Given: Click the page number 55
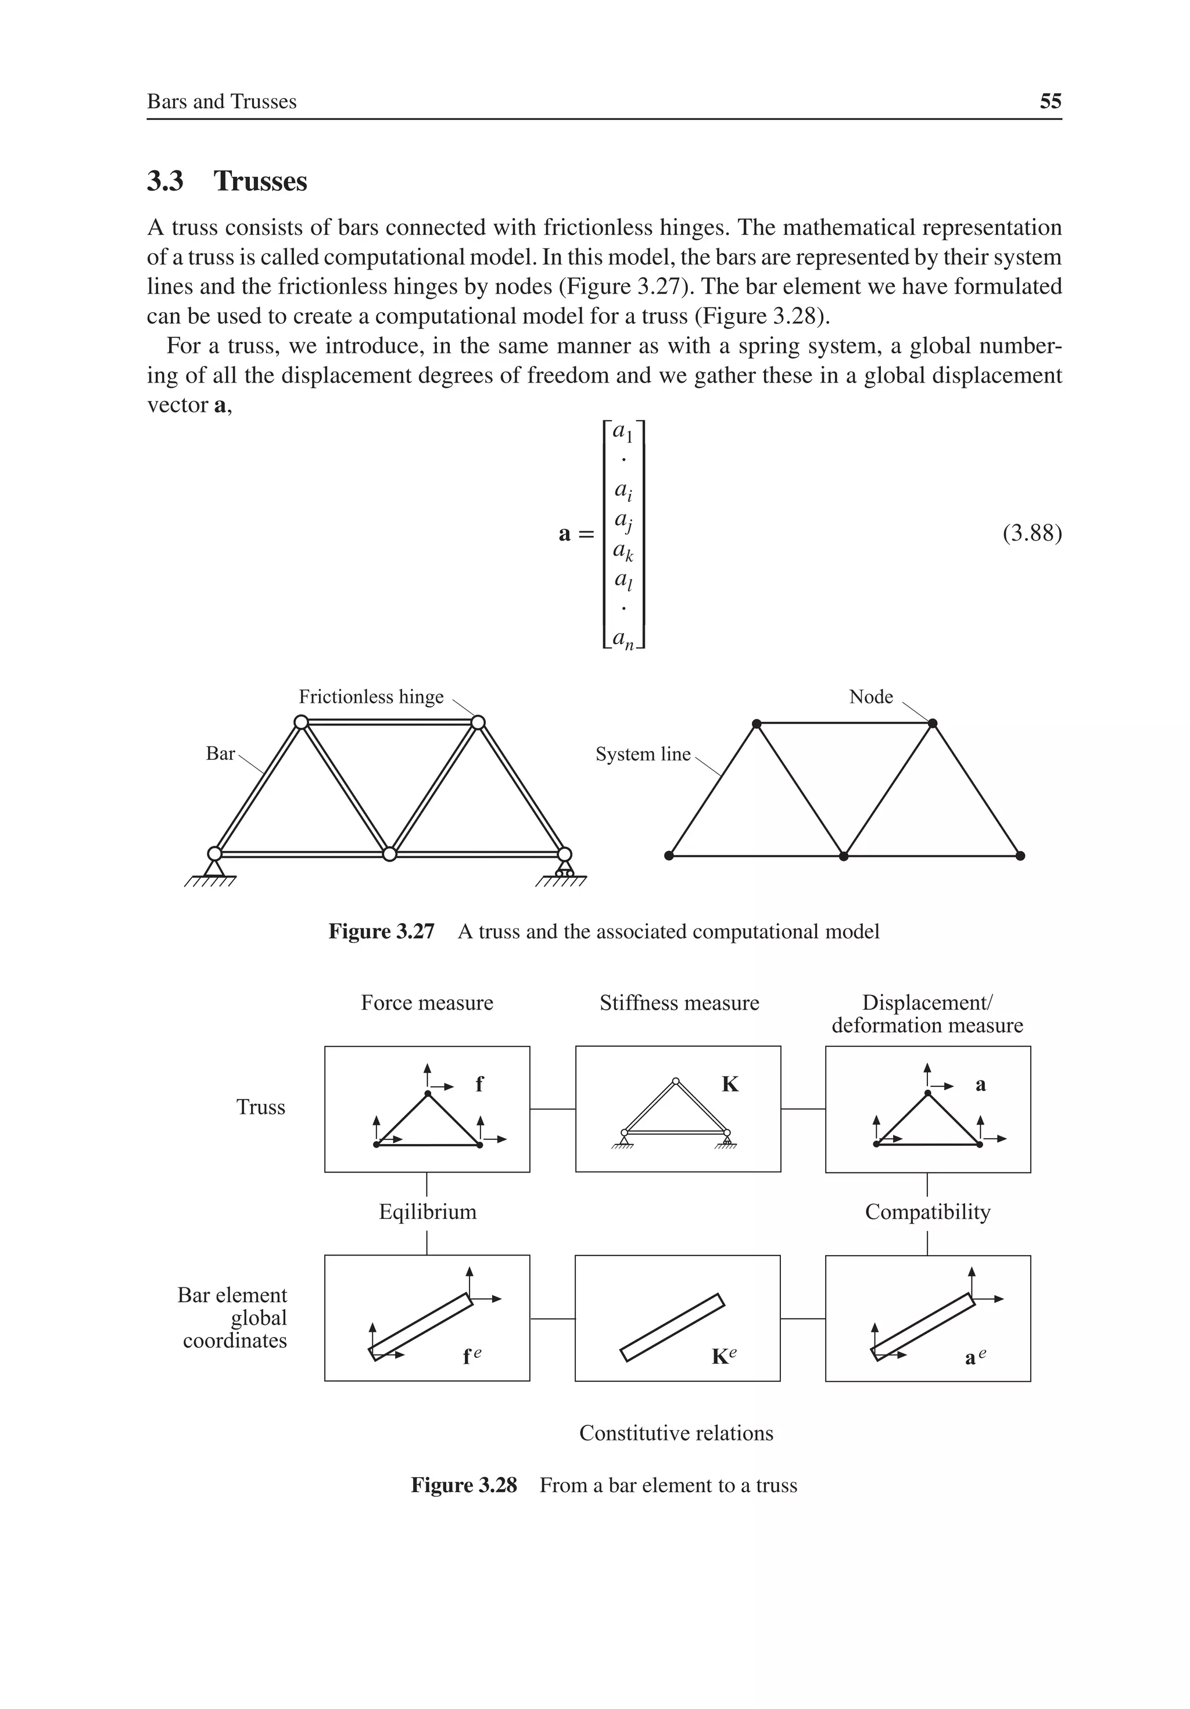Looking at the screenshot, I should [x=1050, y=101].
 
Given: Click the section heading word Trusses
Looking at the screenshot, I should [x=260, y=181].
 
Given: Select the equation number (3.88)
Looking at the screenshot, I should [x=1031, y=534].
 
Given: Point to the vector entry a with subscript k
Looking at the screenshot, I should [x=623, y=551].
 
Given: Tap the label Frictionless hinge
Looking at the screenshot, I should [x=371, y=697].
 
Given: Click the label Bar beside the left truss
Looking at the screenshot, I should [x=220, y=754].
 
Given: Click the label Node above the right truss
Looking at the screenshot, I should [x=871, y=697].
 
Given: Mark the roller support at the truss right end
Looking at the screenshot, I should [x=564, y=868].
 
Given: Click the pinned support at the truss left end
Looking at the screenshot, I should [x=214, y=867].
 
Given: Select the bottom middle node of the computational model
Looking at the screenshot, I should [x=843, y=856].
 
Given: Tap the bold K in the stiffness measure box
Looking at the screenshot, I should [x=730, y=1085].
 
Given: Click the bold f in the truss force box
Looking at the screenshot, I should [x=479, y=1085].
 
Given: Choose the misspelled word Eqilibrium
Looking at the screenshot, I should [x=427, y=1213].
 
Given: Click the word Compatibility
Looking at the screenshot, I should [x=927, y=1213].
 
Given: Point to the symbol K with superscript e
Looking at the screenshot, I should [x=723, y=1356].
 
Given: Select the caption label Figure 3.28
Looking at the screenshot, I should [x=464, y=1486].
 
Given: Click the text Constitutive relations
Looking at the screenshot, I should [x=676, y=1433].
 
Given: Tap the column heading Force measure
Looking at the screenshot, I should [x=426, y=1003].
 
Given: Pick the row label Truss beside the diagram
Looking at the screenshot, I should [x=260, y=1107].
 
